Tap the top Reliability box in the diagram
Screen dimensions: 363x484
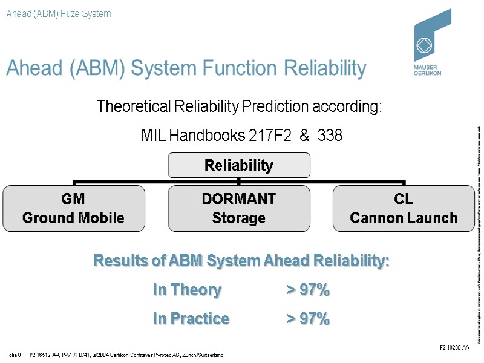[x=239, y=165]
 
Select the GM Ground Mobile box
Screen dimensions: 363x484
[x=74, y=209]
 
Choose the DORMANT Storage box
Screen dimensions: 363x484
[x=239, y=209]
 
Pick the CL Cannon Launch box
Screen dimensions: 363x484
[x=404, y=209]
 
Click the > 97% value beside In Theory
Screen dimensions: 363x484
[x=308, y=290]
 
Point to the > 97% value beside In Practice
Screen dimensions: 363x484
[x=308, y=318]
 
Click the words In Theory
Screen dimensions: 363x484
[x=187, y=290]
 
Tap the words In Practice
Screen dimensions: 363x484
[x=191, y=318]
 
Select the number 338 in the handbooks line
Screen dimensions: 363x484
[x=330, y=136]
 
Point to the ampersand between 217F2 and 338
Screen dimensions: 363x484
[x=304, y=136]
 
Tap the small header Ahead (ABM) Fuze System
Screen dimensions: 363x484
[x=59, y=13]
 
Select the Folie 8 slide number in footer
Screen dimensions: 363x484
[x=14, y=355]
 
